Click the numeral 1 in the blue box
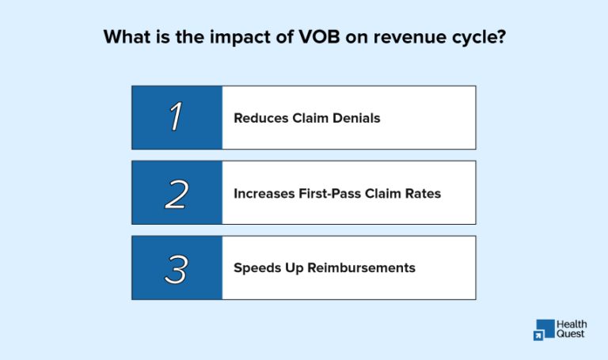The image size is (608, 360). [177, 118]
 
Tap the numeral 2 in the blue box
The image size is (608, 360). [177, 193]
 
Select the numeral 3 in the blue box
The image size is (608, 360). [177, 267]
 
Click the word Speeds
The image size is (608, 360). [255, 267]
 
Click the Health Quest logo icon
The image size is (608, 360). [545, 330]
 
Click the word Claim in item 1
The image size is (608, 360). [309, 119]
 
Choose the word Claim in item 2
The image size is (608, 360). [389, 193]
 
